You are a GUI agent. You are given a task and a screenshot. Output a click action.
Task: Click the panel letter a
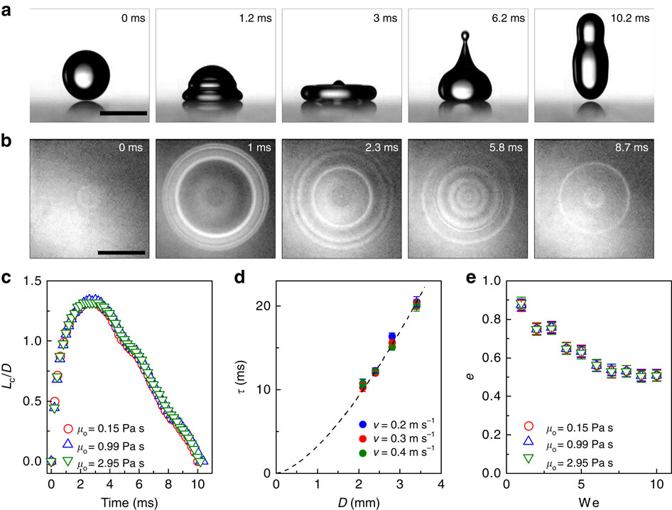point(11,10)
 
